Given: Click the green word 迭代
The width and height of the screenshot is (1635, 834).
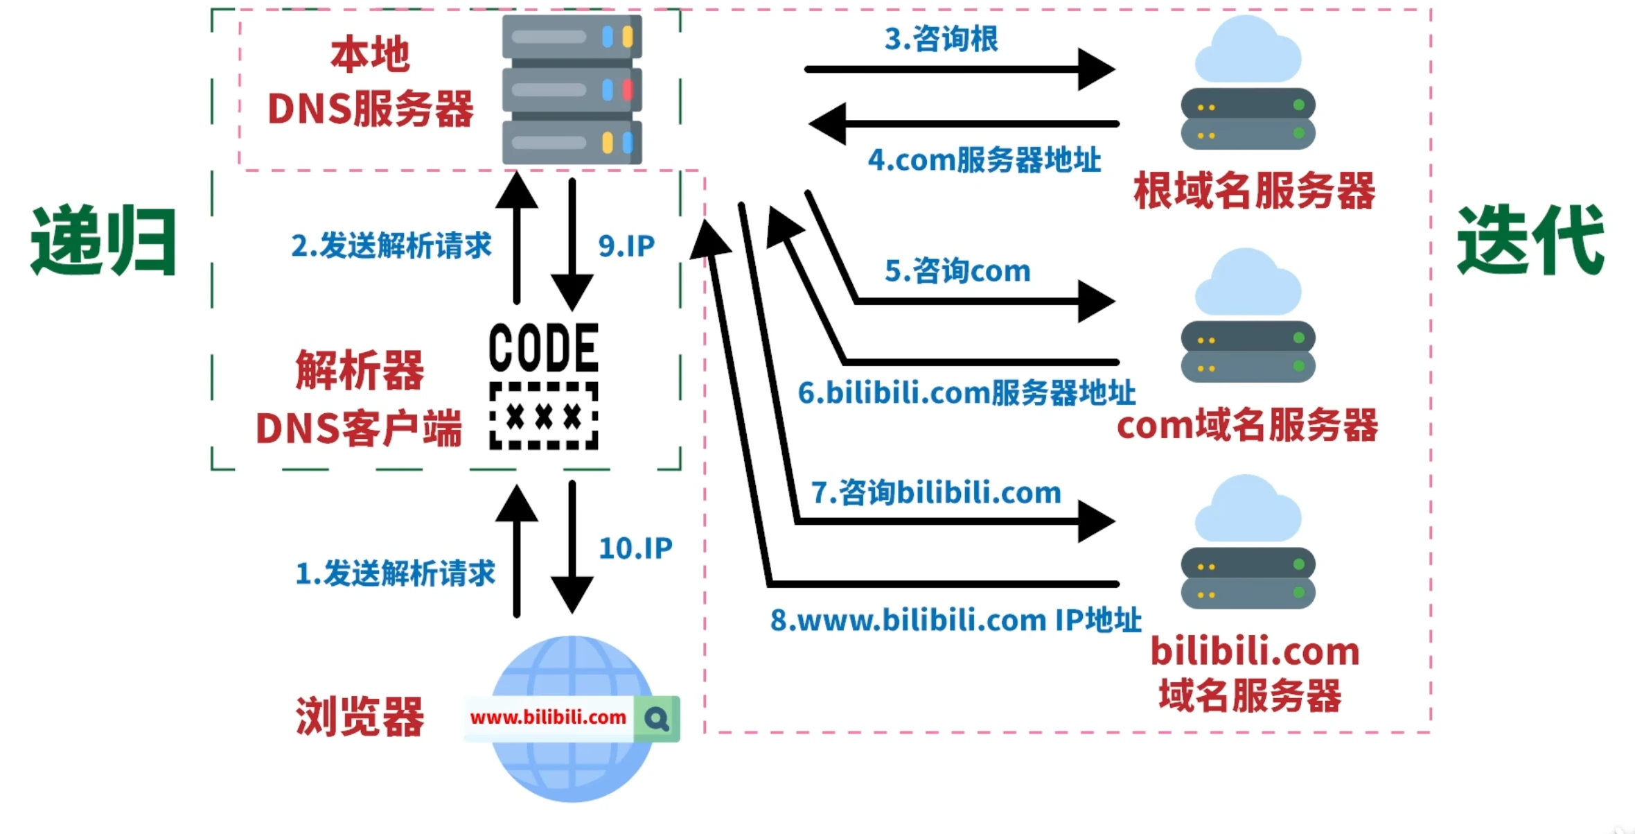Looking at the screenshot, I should (1530, 241).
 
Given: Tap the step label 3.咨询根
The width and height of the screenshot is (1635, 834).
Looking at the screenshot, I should (941, 39).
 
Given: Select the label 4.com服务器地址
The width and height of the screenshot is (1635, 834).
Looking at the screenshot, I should (984, 160).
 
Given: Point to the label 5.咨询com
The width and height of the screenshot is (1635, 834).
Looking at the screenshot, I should (957, 270).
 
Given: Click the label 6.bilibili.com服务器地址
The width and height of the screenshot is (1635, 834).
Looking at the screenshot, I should (966, 393).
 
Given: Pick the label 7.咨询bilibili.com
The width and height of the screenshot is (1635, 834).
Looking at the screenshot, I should (936, 493).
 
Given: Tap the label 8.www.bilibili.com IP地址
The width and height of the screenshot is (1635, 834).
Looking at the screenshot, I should (955, 620).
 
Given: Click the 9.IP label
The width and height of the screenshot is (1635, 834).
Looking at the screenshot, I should (626, 245).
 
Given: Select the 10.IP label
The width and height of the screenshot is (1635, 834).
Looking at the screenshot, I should (635, 548).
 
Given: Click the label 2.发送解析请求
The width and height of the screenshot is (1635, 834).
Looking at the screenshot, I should (391, 245).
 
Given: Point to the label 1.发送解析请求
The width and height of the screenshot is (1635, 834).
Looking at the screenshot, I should (395, 573).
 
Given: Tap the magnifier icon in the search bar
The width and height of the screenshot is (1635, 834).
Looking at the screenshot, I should (657, 719).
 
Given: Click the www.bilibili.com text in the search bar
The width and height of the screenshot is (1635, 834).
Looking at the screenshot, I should (548, 718).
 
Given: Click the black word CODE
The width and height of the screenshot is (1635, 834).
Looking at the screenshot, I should (544, 347).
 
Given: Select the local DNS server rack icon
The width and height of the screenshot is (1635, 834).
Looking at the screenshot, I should (572, 89).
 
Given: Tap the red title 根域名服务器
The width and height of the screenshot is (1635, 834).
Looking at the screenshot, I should (1254, 191).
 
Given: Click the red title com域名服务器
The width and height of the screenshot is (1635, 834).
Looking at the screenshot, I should (1247, 425).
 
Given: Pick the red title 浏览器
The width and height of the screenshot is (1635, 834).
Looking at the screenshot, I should (360, 717).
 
